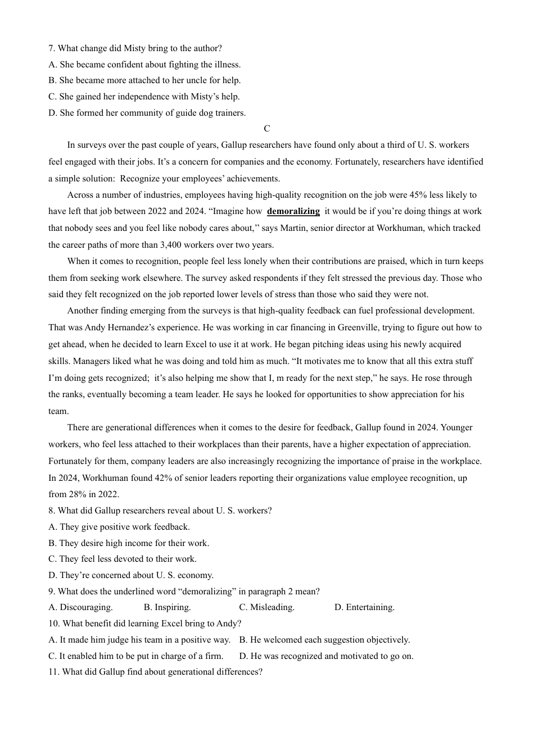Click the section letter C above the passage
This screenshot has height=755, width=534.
pos(267,129)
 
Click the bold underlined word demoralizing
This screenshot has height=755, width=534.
pos(293,211)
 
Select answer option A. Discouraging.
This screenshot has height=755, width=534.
pos(81,607)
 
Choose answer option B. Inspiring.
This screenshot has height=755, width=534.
pos(168,607)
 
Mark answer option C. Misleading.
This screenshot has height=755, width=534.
pos(267,607)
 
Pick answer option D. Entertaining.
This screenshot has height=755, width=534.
pos(364,607)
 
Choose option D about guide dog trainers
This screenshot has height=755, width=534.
pos(147,113)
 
